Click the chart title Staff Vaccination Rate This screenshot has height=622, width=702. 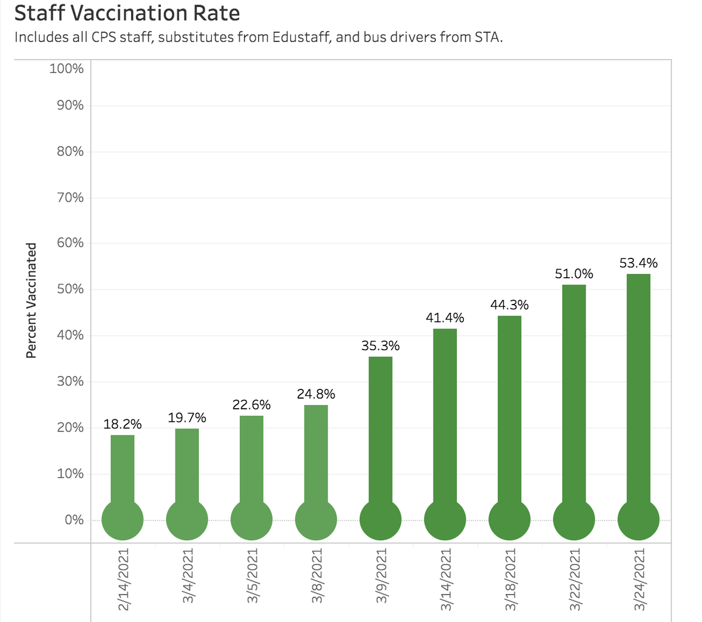pyautogui.click(x=126, y=13)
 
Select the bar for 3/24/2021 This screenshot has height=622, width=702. pyautogui.click(x=638, y=386)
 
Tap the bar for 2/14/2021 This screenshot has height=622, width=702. pyautogui.click(x=122, y=468)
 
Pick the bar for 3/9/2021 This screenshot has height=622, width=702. pyautogui.click(x=380, y=427)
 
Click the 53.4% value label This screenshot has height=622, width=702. pyautogui.click(x=638, y=263)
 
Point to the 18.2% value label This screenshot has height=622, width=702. pyautogui.click(x=122, y=424)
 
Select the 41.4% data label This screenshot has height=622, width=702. pyautogui.click(x=445, y=318)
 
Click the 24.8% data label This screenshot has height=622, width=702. pyautogui.click(x=316, y=394)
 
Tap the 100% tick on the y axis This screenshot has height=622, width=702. pyautogui.click(x=67, y=68)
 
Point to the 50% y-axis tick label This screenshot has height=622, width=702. pyautogui.click(x=70, y=289)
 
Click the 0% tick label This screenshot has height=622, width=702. pyautogui.click(x=74, y=520)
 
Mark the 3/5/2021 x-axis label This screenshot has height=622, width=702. pyautogui.click(x=252, y=576)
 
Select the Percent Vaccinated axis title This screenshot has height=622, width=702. pyautogui.click(x=32, y=299)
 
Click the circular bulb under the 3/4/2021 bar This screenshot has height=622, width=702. pyautogui.click(x=187, y=519)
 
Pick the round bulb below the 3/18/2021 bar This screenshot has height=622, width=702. pyautogui.click(x=510, y=519)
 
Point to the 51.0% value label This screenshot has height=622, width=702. pyautogui.click(x=574, y=274)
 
